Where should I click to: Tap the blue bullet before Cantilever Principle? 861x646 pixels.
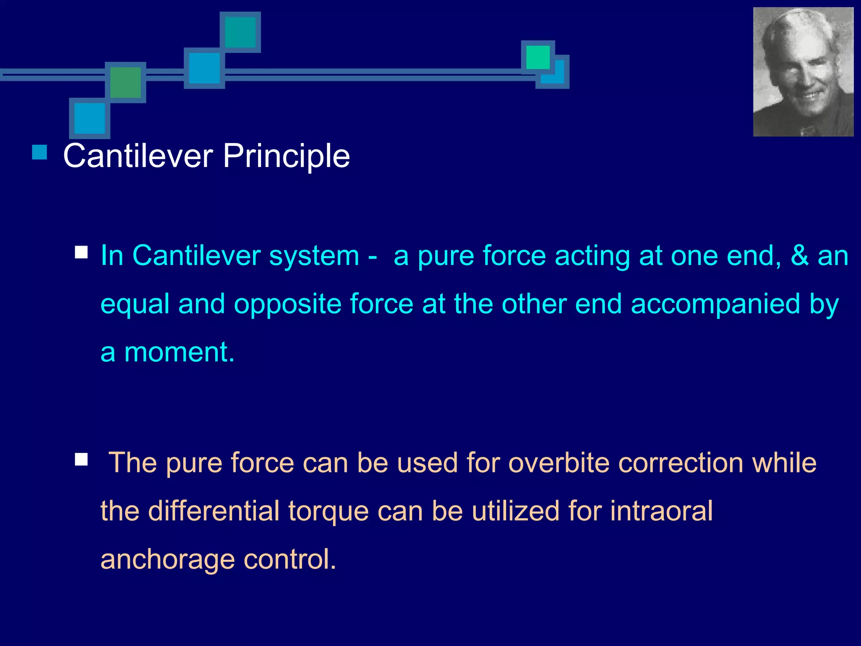coord(40,152)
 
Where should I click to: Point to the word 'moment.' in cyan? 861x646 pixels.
coord(179,352)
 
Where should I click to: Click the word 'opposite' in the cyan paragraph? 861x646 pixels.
coord(288,304)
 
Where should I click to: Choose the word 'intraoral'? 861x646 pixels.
coord(661,511)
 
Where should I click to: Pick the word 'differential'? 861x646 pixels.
coord(214,511)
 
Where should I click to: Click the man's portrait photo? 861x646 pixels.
coord(803,71)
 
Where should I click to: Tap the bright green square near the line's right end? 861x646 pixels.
coord(538,57)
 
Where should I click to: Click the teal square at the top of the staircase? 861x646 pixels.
coord(240,32)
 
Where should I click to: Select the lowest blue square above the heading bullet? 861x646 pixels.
coord(90,118)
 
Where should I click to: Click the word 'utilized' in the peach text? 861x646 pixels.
coord(515,511)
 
